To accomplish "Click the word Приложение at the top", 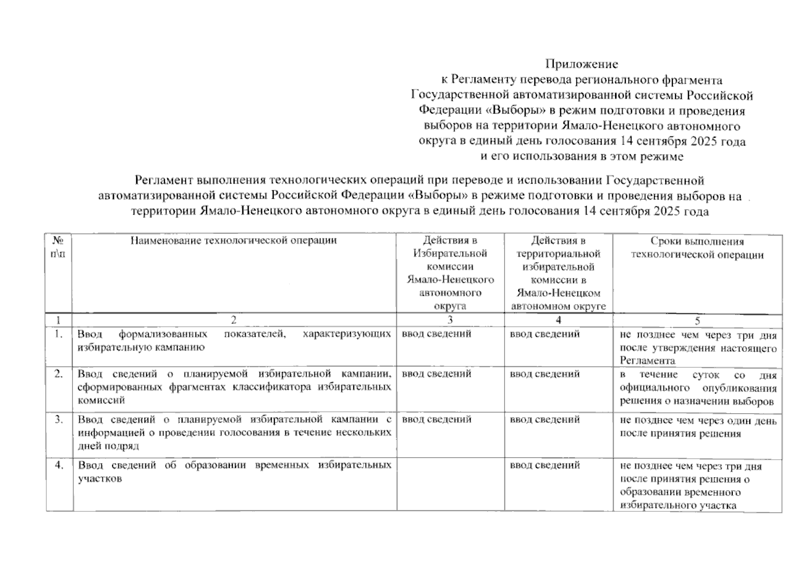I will [x=581, y=64].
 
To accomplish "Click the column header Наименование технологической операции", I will [x=234, y=240].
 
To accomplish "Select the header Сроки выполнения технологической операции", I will [x=697, y=248].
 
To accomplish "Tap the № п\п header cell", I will [x=58, y=247].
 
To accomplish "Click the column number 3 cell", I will [x=450, y=320].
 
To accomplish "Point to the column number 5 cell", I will [x=697, y=320].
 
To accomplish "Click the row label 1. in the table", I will [x=58, y=333].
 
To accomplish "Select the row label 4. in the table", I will [x=58, y=465].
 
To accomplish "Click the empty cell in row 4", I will [x=450, y=483].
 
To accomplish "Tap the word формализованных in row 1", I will [x=163, y=334].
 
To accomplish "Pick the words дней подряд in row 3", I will [x=108, y=446].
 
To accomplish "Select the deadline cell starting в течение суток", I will [x=698, y=388].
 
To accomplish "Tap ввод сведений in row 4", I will [x=545, y=465].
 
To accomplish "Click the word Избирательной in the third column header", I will [x=450, y=253].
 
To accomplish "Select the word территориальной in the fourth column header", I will [x=558, y=253].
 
